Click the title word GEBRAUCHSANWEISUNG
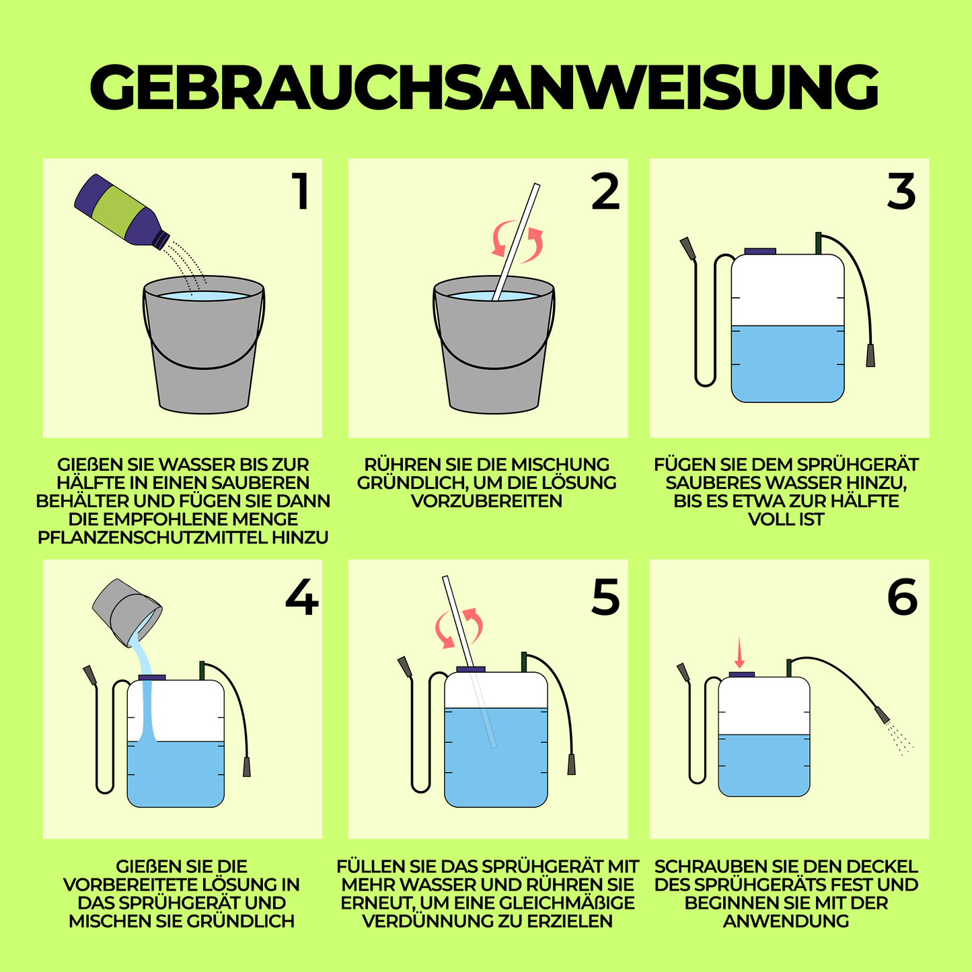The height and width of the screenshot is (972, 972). [484, 87]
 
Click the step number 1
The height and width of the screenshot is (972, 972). [300, 192]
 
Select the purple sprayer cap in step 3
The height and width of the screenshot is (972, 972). [760, 251]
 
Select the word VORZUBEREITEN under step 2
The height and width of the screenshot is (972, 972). [486, 501]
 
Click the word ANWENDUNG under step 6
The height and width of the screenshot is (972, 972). [786, 921]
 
